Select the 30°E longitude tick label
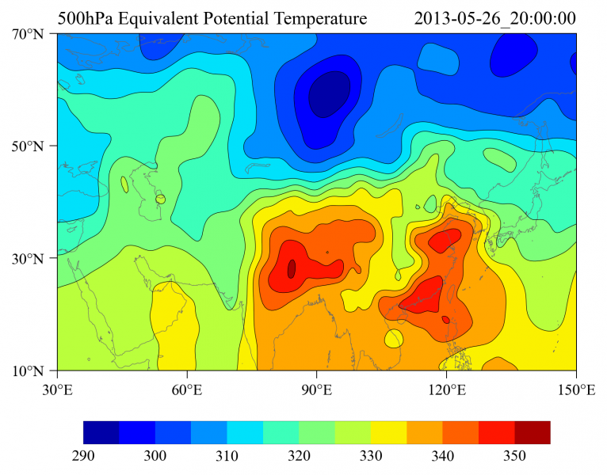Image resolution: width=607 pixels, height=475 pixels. tap(57, 389)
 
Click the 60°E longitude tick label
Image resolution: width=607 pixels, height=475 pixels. tap(187, 389)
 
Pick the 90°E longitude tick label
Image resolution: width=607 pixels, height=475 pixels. tap(316, 389)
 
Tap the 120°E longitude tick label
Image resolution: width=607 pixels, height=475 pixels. tap(446, 389)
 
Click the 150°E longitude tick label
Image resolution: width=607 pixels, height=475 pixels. tap(576, 389)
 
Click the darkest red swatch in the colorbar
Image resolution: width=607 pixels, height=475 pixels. tap(532, 432)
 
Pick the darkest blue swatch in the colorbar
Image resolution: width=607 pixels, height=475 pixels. tap(101, 432)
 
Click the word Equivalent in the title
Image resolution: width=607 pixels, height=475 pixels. tap(170, 18)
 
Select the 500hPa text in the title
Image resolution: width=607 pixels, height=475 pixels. tap(84, 18)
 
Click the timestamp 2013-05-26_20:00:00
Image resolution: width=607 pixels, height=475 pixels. tap(494, 18)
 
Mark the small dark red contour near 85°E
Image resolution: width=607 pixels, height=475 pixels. tap(292, 268)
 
